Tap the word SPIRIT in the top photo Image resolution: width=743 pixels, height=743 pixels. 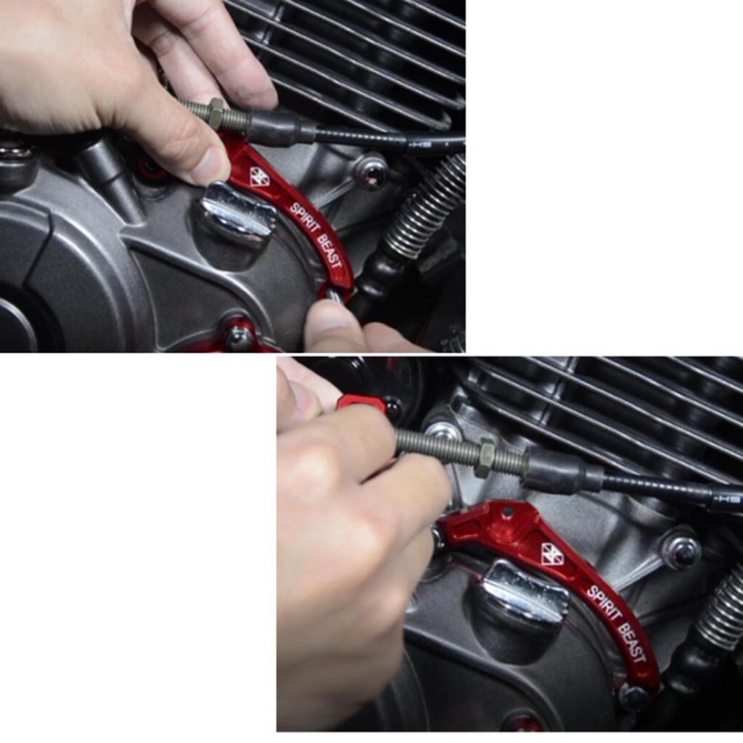point(304,218)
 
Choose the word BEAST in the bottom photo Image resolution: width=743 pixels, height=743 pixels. point(632,643)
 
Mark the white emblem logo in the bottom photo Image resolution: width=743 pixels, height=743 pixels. point(552,554)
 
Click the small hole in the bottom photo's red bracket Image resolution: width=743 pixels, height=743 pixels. point(508,512)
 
